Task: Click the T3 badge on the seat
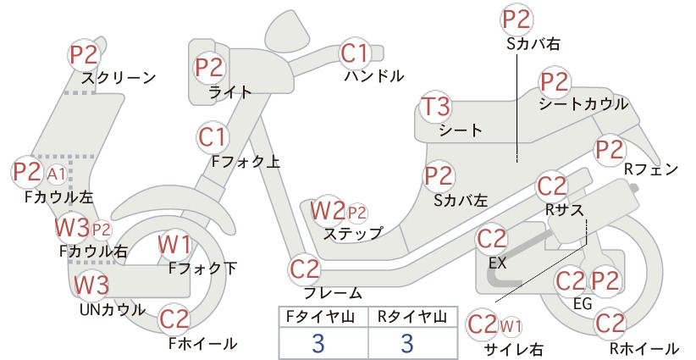click(x=435, y=107)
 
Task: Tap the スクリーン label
click(x=119, y=78)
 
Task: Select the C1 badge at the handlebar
click(x=356, y=53)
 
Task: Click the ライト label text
click(x=230, y=92)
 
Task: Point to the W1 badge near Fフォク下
click(x=175, y=245)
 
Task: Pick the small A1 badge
click(x=57, y=174)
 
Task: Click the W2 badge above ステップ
click(x=328, y=211)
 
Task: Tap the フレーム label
click(x=333, y=293)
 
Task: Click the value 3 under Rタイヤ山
click(x=407, y=343)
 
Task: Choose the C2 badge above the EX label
click(x=492, y=240)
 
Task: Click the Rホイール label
click(x=644, y=348)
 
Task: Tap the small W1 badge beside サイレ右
click(x=511, y=326)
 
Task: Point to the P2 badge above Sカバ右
click(x=516, y=19)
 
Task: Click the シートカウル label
click(x=583, y=104)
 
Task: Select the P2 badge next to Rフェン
click(x=610, y=150)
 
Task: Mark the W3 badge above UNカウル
click(x=91, y=285)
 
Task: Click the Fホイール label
click(x=203, y=343)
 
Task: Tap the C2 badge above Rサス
click(x=552, y=187)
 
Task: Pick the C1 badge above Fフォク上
click(x=213, y=137)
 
